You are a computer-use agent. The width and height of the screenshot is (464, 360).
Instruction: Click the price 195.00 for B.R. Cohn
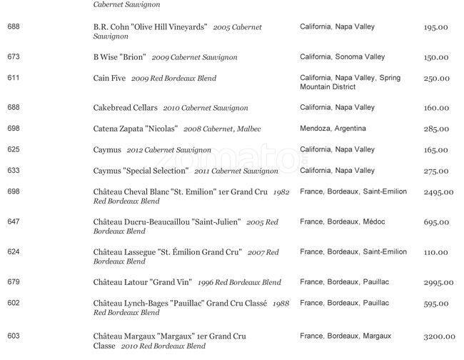click(x=435, y=27)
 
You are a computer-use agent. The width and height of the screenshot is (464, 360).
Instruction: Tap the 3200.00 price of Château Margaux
click(x=439, y=336)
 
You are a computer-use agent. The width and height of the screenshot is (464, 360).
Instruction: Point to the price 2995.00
click(x=439, y=283)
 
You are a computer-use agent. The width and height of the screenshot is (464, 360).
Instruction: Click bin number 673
click(x=14, y=57)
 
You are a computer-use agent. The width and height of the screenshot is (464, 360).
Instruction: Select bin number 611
click(x=14, y=78)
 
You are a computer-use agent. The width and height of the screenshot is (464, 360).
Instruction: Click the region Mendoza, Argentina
click(x=333, y=129)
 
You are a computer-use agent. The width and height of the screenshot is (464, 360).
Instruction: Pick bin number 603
click(x=14, y=336)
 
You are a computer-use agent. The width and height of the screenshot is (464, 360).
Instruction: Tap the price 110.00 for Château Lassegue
click(x=435, y=253)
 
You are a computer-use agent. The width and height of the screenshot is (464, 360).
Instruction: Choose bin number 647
click(x=14, y=222)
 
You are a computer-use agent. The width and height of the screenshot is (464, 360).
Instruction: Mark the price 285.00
click(x=435, y=129)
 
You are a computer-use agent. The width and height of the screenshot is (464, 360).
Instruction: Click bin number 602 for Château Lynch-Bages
click(x=14, y=303)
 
